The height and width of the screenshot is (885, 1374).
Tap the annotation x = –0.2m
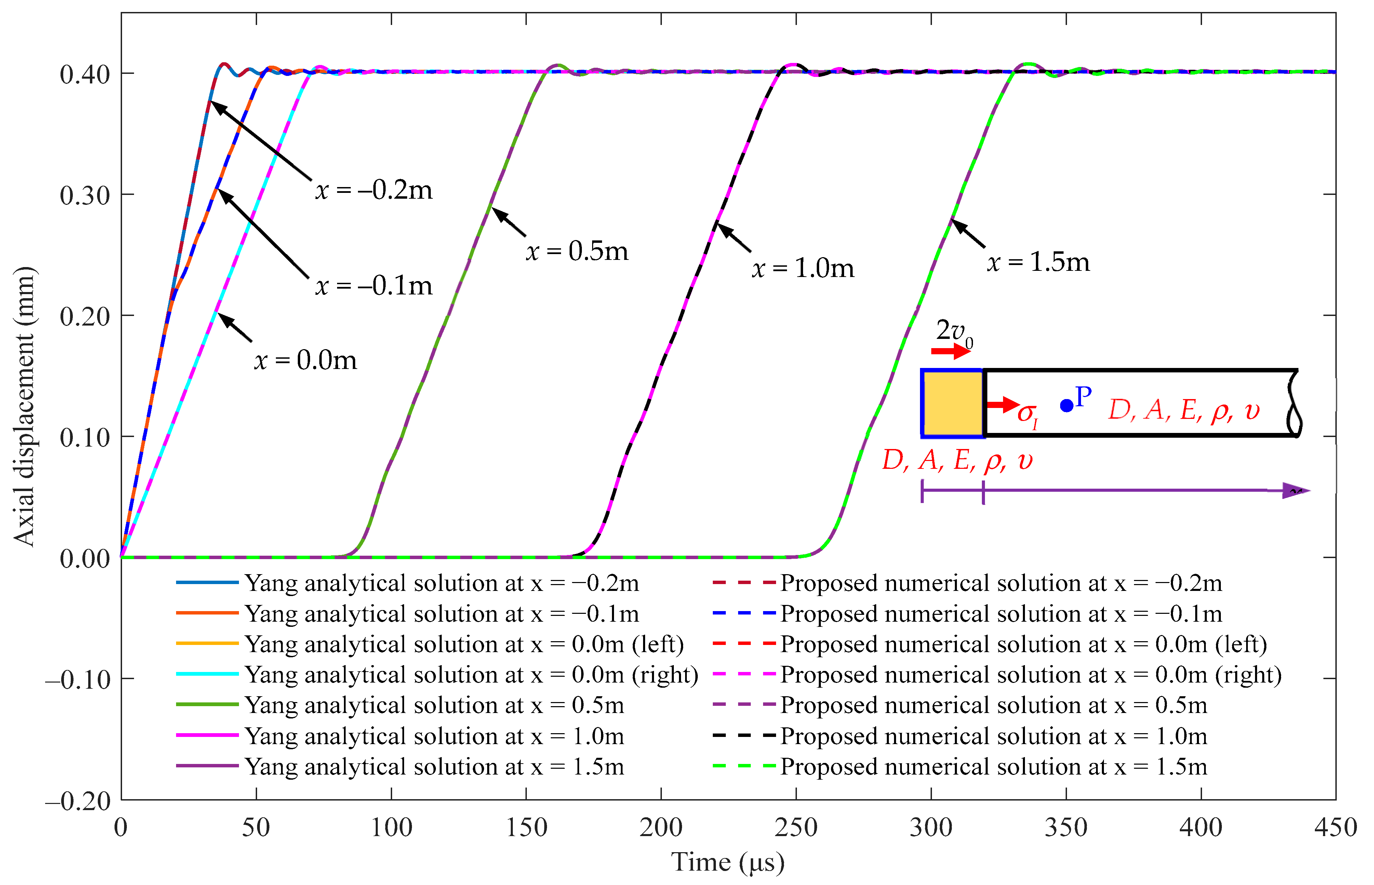[x=373, y=190]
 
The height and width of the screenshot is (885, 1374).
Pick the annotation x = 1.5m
[x=1038, y=262]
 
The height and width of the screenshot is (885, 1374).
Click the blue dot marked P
[x=1066, y=406]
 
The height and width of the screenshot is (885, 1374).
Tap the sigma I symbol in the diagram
[x=1027, y=414]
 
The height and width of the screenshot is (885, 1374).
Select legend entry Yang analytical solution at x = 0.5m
[x=434, y=705]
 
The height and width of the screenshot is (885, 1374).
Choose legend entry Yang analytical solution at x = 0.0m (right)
[x=471, y=675]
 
